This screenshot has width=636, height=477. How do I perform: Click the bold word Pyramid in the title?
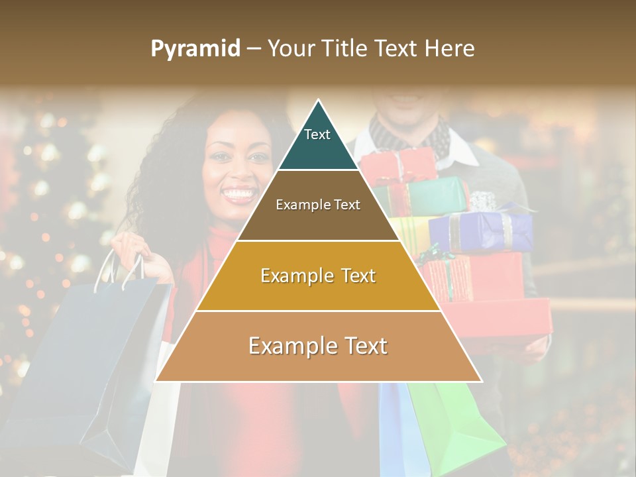coord(195,48)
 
